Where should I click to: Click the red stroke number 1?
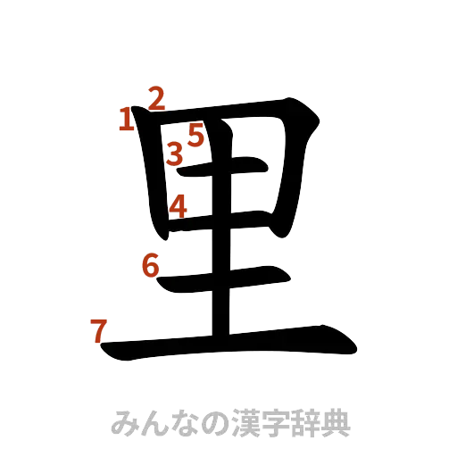(x=128, y=118)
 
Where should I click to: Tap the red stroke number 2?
(x=156, y=98)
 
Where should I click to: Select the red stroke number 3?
(x=175, y=154)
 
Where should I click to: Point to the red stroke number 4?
(x=179, y=206)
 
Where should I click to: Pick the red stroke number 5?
(x=195, y=135)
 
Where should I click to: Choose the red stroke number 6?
(x=151, y=265)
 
